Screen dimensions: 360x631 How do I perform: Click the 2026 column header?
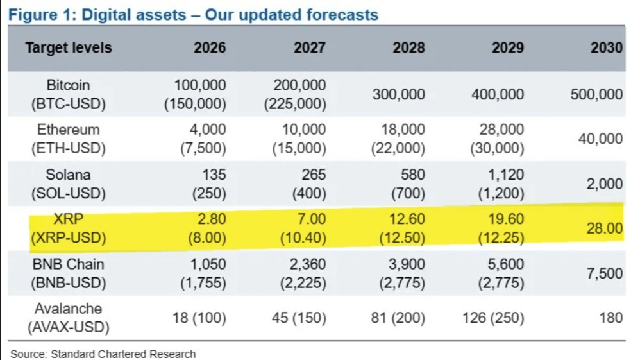pos(210,48)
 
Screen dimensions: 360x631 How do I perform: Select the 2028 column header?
pos(408,48)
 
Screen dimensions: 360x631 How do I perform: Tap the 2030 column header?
pos(607,48)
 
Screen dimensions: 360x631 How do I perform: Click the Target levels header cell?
pos(69,48)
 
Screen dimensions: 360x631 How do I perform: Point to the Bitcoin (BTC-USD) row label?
pos(69,94)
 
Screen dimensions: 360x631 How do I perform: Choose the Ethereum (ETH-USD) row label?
pos(69,139)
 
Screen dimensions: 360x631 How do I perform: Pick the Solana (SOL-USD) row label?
pos(69,184)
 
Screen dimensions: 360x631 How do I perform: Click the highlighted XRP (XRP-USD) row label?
pos(69,228)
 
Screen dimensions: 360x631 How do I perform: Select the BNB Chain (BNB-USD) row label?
pos(69,273)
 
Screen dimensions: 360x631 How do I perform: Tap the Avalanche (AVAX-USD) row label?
pos(69,318)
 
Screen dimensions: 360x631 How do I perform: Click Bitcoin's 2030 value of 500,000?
pos(596,94)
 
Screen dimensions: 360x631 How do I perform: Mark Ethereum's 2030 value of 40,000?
pos(600,139)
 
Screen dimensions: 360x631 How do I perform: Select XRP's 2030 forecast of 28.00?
pos(605,228)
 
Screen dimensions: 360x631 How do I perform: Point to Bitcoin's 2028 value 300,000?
pos(398,94)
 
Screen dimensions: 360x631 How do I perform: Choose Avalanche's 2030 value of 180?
pos(611,318)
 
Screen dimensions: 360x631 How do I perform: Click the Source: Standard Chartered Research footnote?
pos(103,354)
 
